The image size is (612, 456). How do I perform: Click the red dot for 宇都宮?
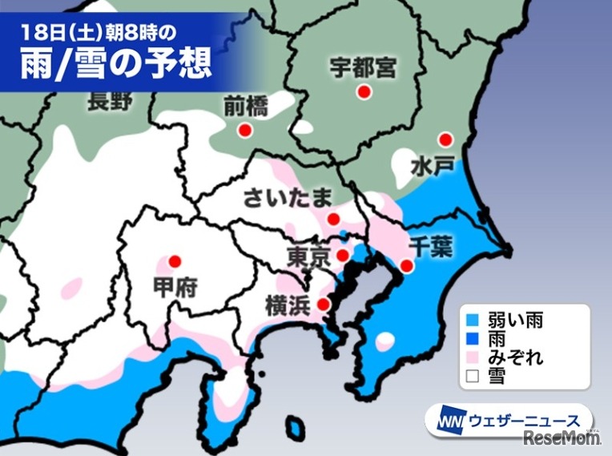tap(364, 92)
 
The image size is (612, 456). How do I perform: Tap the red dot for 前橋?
tap(246, 130)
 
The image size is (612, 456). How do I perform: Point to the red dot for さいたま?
tap(333, 218)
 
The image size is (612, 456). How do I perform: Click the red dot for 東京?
tap(342, 256)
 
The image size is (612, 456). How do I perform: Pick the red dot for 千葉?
tap(407, 266)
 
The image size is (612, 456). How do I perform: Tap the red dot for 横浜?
tap(323, 304)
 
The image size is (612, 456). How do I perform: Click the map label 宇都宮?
tap(364, 67)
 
